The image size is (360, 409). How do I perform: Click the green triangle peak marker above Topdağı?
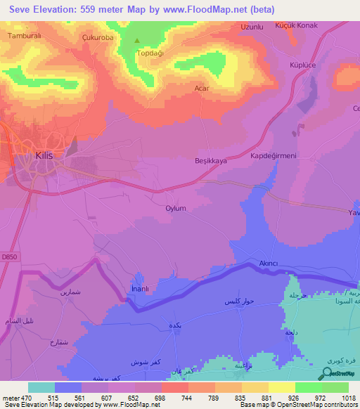pos(137,41)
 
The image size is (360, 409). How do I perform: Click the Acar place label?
pos(202,89)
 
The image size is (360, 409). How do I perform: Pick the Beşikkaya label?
pos(211,161)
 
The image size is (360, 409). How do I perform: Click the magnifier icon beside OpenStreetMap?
pos(328,374)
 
